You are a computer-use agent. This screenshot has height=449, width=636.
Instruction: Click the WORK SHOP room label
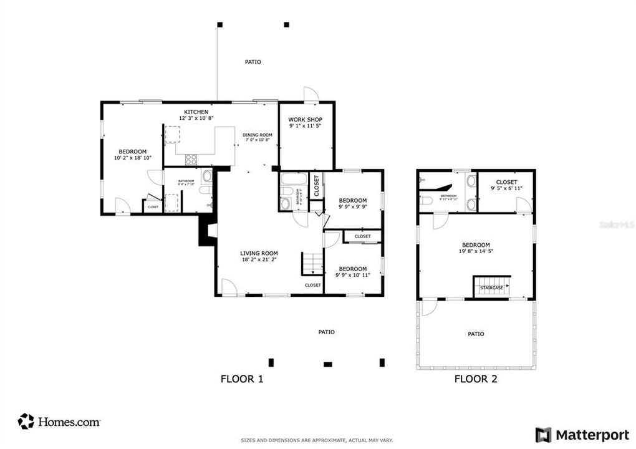305,119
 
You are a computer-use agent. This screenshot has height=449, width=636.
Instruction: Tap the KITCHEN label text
196,112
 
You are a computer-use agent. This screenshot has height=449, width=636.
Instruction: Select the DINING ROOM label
258,135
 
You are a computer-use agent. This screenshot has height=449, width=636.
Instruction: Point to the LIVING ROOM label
259,253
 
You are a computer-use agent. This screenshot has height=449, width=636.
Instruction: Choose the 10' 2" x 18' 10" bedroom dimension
133,158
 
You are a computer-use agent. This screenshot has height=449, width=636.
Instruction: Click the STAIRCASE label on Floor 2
491,287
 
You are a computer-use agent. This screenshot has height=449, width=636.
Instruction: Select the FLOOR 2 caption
476,379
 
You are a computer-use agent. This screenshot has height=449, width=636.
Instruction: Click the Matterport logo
578,434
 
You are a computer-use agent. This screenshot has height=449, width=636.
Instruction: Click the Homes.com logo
59,422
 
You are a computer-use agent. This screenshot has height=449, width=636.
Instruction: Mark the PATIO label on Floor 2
476,334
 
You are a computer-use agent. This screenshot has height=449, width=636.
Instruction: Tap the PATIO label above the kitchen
253,62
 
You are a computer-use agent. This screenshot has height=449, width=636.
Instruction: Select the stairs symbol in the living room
312,263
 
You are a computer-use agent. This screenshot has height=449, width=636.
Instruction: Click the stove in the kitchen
191,160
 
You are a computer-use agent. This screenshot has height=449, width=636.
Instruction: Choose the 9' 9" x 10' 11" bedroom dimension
352,275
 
